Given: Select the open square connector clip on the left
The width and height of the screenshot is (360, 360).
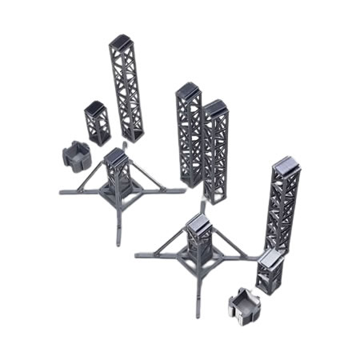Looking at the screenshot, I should click(x=78, y=154).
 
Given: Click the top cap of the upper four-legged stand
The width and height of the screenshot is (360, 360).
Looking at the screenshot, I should click(x=115, y=155).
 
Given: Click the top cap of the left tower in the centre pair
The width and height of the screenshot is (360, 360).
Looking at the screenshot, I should click(x=189, y=91).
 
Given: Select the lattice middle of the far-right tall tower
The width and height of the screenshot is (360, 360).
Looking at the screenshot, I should click(x=284, y=212).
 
